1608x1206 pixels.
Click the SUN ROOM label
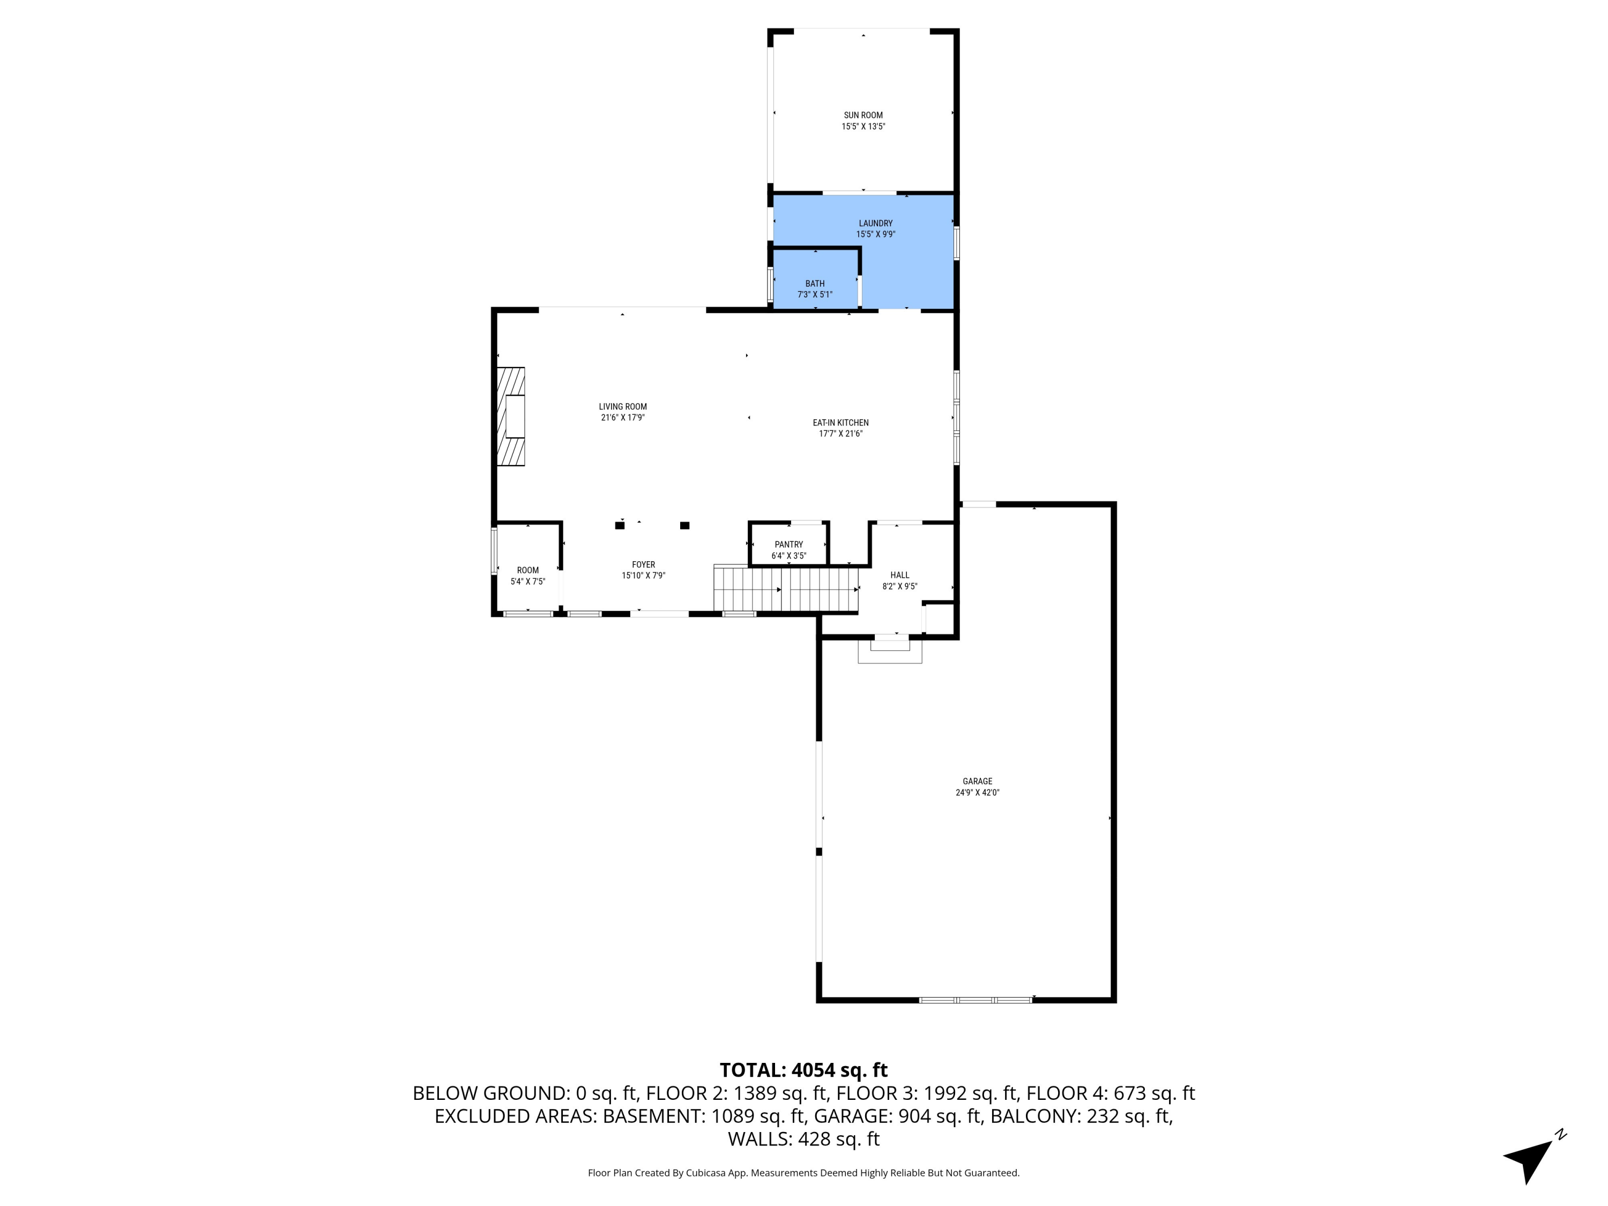pyautogui.click(x=863, y=115)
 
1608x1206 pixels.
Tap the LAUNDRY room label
pyautogui.click(x=875, y=223)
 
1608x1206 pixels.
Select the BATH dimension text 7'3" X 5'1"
pyautogui.click(x=814, y=294)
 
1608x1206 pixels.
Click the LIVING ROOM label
pyautogui.click(x=622, y=406)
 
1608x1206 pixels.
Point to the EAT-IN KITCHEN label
pyautogui.click(x=840, y=422)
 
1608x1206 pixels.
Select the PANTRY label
pyautogui.click(x=789, y=545)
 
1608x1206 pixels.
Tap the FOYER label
pyautogui.click(x=643, y=564)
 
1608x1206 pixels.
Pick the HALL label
pyautogui.click(x=899, y=575)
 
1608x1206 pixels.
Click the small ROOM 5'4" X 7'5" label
pyautogui.click(x=528, y=570)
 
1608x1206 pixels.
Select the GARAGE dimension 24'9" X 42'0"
pyautogui.click(x=977, y=793)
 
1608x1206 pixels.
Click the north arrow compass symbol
pyautogui.click(x=1531, y=1159)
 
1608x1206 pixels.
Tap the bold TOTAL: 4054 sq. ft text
pyautogui.click(x=803, y=1070)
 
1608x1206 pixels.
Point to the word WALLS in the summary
pyautogui.click(x=760, y=1139)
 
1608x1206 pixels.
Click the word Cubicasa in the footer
pyautogui.click(x=708, y=1173)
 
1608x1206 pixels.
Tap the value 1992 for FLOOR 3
pyautogui.click(x=939, y=1093)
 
